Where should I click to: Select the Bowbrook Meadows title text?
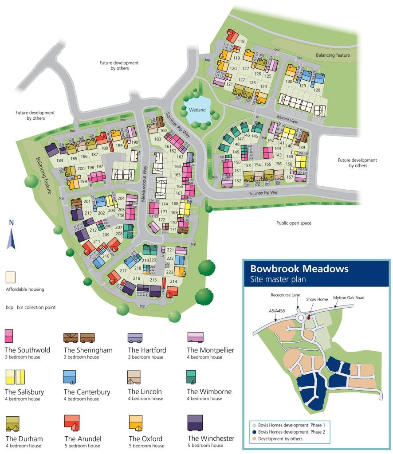(x=299, y=269)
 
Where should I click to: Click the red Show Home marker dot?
(x=309, y=318)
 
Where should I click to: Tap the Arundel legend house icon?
(x=71, y=422)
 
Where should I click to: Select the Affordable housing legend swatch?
(x=11, y=278)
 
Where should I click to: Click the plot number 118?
(x=241, y=42)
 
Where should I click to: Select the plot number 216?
(x=137, y=278)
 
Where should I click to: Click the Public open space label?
(x=294, y=223)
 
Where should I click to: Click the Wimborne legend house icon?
(x=192, y=377)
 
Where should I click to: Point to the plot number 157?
(x=290, y=177)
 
